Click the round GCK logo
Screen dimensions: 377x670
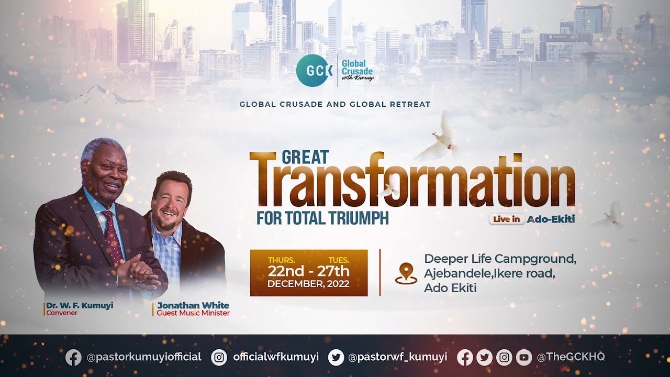(314, 71)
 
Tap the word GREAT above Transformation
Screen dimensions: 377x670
(305, 157)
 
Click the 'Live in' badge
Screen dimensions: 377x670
(507, 219)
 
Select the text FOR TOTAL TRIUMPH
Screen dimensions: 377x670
(322, 217)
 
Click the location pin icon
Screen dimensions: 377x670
(406, 273)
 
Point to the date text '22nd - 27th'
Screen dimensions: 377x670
(308, 271)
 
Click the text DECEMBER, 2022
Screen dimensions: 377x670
(308, 284)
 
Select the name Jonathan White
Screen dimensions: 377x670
(193, 305)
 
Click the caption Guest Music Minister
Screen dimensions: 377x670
(193, 313)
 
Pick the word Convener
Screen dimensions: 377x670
(62, 313)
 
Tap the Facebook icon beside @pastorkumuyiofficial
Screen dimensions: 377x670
(73, 357)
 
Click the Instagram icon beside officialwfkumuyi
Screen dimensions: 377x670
(219, 357)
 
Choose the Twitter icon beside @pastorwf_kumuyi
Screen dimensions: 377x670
(336, 357)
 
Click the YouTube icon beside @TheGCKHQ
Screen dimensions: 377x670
(524, 357)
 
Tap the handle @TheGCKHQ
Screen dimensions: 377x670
(571, 357)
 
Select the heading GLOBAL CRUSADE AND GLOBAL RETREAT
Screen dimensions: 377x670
(335, 104)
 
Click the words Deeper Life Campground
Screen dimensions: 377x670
(500, 259)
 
